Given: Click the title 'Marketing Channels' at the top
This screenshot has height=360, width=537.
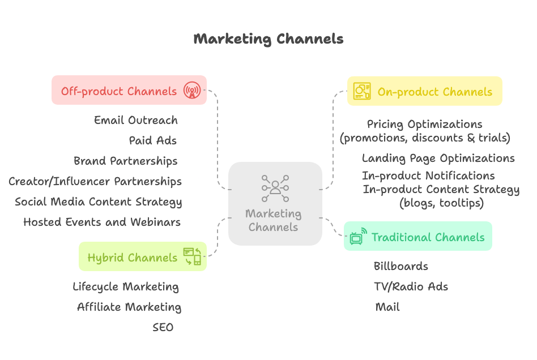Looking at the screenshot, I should pyautogui.click(x=268, y=39).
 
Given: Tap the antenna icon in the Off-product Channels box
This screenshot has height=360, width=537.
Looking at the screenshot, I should pyautogui.click(x=192, y=91).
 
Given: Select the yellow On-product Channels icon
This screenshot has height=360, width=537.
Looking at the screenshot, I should pyautogui.click(x=362, y=91).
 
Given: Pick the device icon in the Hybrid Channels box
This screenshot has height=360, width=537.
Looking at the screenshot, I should pyautogui.click(x=192, y=256).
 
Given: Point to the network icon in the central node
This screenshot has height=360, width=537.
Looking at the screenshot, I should pyautogui.click(x=275, y=187).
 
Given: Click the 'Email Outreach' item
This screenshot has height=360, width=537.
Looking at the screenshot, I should pyautogui.click(x=136, y=120).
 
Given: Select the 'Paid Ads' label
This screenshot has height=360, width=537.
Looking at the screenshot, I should pyautogui.click(x=153, y=140).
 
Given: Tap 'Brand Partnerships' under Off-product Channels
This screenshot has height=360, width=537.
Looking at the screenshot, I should pyautogui.click(x=126, y=161).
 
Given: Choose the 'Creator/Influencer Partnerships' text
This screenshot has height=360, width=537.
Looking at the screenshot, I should pyautogui.click(x=95, y=181).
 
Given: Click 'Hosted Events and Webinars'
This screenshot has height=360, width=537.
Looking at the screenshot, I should pyautogui.click(x=102, y=222).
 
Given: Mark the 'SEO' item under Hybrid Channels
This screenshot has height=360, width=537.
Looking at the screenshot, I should pyautogui.click(x=163, y=327).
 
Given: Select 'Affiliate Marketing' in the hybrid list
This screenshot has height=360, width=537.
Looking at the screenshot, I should pyautogui.click(x=129, y=307).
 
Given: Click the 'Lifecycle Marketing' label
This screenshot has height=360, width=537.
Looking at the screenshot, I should pyautogui.click(x=126, y=286).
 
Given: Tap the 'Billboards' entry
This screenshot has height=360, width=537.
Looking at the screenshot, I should pyautogui.click(x=401, y=266).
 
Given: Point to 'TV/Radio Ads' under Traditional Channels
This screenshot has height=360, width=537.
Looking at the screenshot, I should pyautogui.click(x=411, y=286).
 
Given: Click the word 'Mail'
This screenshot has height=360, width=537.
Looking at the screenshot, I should pyautogui.click(x=387, y=307).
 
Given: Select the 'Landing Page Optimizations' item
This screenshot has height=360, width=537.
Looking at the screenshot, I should pyautogui.click(x=438, y=158).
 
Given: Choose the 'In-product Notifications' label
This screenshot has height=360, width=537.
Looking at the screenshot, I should pyautogui.click(x=428, y=175).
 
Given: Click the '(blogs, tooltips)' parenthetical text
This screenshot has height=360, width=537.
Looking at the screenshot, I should pyautogui.click(x=442, y=203).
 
